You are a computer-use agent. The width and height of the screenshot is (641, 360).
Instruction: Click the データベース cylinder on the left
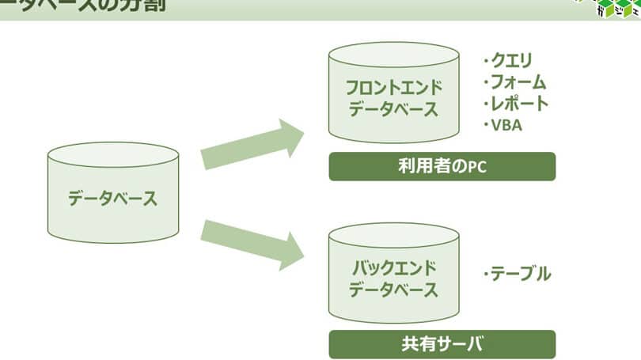(x=112, y=194)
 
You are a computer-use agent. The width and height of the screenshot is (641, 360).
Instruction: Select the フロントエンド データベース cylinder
(x=393, y=95)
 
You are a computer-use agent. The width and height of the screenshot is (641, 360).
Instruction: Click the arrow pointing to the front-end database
(x=253, y=144)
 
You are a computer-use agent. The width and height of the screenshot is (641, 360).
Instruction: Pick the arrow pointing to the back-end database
(x=253, y=242)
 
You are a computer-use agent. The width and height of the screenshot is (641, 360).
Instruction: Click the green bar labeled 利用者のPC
(x=442, y=167)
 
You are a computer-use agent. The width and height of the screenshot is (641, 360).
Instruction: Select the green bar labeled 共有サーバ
(x=442, y=344)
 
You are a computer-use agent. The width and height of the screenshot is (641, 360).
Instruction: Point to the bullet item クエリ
(x=511, y=60)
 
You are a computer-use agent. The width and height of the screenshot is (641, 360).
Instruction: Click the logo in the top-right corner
(x=610, y=9)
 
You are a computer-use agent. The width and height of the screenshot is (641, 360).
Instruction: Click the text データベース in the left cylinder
(x=112, y=198)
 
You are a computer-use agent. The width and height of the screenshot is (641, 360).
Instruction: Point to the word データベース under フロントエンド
(x=393, y=109)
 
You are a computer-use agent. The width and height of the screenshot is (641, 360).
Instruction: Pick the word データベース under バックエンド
(x=393, y=289)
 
